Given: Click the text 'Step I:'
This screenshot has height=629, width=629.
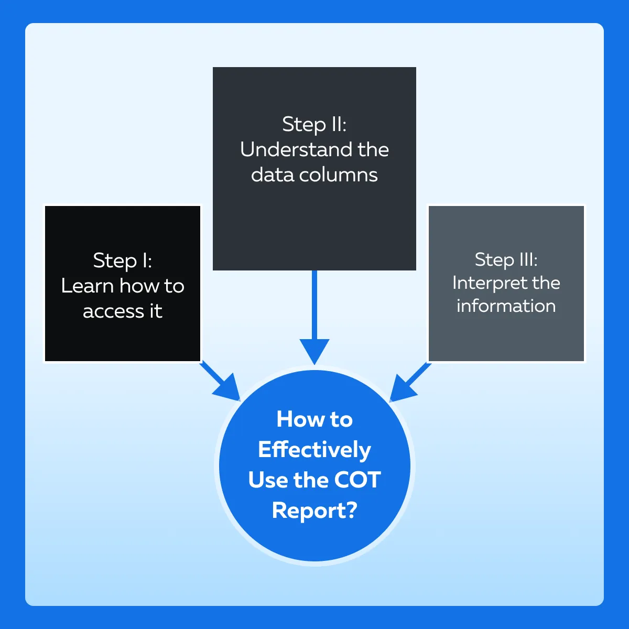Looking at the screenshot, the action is (x=123, y=261).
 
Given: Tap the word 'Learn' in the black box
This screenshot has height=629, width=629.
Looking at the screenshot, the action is (x=87, y=286).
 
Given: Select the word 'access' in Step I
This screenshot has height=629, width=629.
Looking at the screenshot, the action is (x=113, y=311).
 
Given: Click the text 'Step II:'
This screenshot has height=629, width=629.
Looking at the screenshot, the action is (x=314, y=125).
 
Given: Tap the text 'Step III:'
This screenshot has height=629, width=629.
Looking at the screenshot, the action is (x=506, y=260).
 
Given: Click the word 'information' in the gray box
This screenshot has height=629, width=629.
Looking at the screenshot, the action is (x=506, y=306).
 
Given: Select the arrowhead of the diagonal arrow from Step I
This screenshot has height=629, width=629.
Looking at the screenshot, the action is (x=229, y=388).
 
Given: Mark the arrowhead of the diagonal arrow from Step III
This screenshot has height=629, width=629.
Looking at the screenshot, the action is (x=402, y=389).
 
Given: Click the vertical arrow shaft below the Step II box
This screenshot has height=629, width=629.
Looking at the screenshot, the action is (x=314, y=305).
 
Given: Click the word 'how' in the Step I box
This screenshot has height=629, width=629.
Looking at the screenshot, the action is (x=139, y=286).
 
